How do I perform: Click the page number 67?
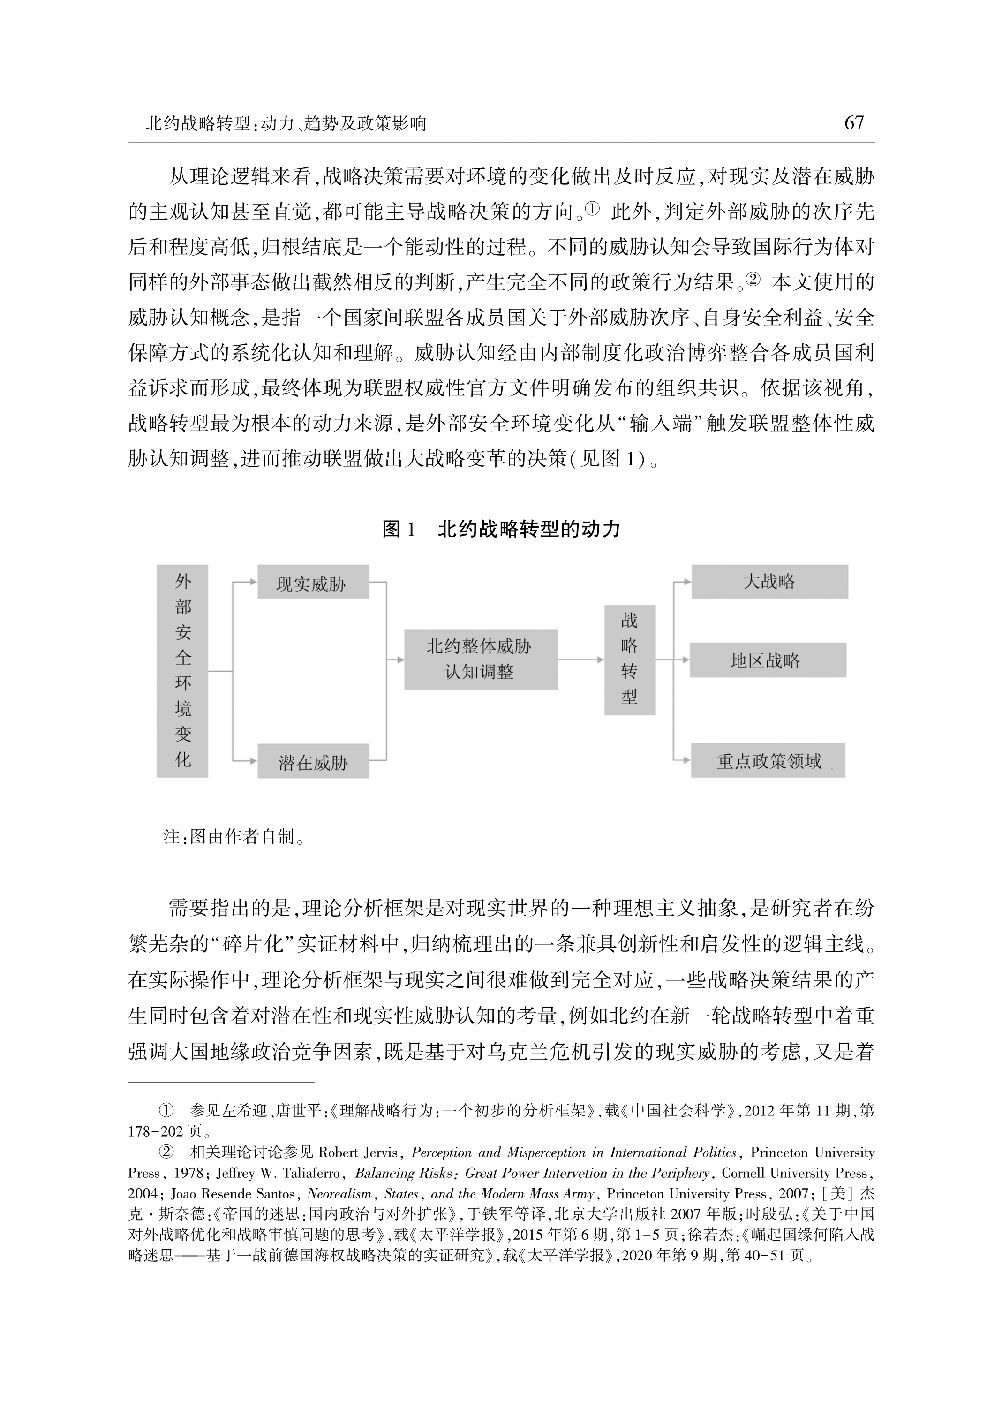854,123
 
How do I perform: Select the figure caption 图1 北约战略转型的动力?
501,529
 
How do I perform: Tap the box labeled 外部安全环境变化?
183,671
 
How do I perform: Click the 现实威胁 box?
313,583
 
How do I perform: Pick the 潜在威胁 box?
313,761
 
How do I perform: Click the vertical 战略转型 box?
629,659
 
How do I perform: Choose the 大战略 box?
769,582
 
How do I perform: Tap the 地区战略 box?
768,660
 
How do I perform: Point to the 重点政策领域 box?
768,761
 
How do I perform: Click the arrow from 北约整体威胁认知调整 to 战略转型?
580,660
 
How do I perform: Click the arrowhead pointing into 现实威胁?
253,582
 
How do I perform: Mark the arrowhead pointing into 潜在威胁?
253,761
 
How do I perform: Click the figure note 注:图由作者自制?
234,837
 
